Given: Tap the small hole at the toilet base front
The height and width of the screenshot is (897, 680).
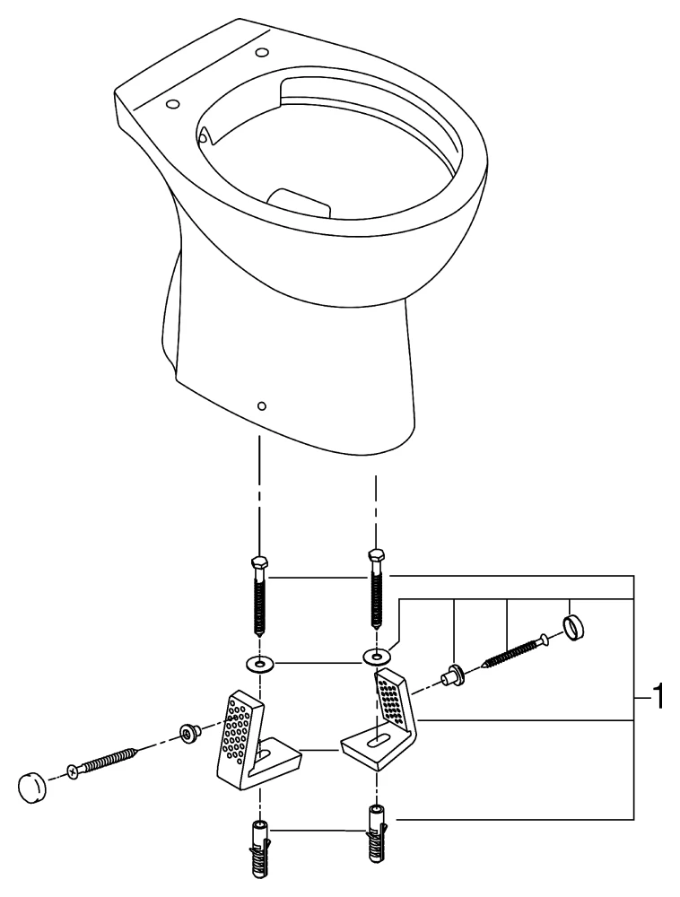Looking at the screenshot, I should coord(260,405).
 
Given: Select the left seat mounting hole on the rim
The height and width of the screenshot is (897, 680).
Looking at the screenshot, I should coord(172,105).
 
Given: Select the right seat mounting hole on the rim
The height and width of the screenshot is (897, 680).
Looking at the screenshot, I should coord(263,50).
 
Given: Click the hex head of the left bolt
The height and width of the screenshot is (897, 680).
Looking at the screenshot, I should coord(258,564).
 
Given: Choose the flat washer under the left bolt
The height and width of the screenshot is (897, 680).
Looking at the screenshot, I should coord(258,665).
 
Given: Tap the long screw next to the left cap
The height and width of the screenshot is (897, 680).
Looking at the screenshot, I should coord(103,762).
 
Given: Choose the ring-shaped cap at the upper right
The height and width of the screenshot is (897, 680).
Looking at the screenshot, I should coord(574,627).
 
